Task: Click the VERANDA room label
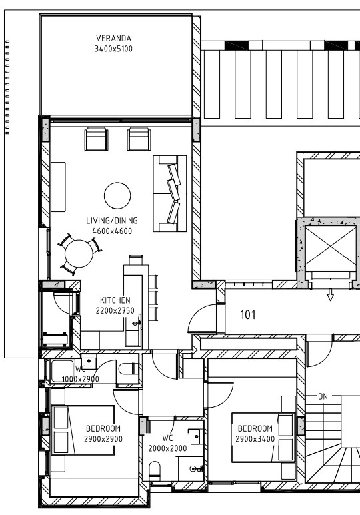tap(114, 38)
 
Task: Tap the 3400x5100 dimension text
tap(114, 49)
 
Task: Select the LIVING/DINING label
tap(112, 221)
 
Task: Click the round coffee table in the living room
tap(117, 195)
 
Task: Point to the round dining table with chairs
tap(79, 254)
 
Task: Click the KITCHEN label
tap(115, 300)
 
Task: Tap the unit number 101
tap(248, 315)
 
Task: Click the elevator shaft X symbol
tap(331, 249)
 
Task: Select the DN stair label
tap(323, 396)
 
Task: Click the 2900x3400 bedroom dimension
tap(255, 439)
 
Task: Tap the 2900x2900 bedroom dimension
tap(103, 439)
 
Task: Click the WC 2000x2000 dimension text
tap(167, 448)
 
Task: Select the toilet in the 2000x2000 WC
tap(155, 470)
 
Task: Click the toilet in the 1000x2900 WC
tap(129, 368)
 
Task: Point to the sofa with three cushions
tap(170, 193)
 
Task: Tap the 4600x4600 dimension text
tap(112, 231)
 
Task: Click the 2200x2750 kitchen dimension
tap(115, 310)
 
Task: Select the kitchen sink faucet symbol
tap(137, 324)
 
